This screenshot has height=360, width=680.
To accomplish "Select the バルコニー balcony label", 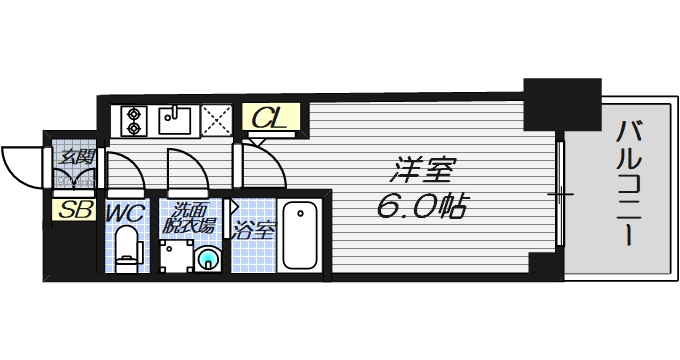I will [629, 185].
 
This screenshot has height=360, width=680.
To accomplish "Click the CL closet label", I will [267, 120].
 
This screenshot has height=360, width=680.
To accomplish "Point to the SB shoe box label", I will [72, 211].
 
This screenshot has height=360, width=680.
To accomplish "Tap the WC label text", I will [125, 213].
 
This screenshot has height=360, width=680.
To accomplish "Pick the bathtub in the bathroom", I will [299, 236].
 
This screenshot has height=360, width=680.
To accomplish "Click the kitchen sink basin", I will [176, 122].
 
